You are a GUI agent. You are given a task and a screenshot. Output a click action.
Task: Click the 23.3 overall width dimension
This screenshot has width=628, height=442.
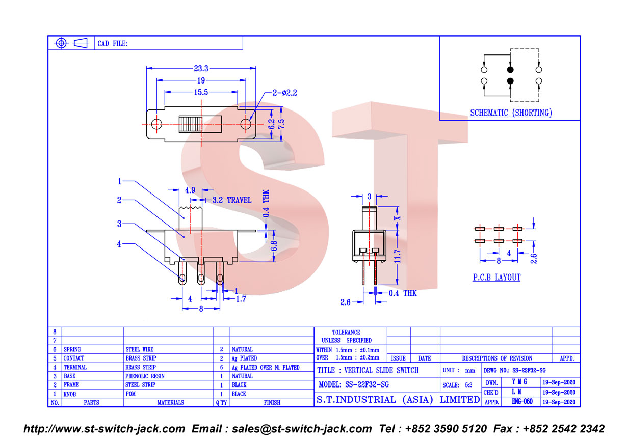point(201,68)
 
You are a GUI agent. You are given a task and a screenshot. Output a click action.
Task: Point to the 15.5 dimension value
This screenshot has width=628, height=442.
point(201,92)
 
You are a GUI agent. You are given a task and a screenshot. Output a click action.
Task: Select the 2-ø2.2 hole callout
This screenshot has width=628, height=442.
point(285,93)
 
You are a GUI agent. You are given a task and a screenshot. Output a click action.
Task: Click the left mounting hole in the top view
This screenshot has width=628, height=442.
point(156,124)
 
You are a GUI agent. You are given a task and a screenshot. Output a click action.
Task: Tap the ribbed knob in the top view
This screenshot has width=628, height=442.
point(190,124)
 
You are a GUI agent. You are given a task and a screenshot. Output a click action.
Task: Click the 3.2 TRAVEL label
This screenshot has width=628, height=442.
point(232,200)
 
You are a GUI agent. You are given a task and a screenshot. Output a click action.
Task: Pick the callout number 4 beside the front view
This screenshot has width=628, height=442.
point(119,244)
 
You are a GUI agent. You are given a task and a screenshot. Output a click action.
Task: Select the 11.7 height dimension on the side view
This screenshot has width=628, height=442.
point(397,256)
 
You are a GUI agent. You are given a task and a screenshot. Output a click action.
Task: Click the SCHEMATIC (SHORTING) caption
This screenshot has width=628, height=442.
point(511,113)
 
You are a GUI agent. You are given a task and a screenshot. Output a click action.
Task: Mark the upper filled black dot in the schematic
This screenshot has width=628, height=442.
point(510,69)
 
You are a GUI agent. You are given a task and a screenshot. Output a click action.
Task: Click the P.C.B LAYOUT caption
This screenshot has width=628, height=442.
point(496,278)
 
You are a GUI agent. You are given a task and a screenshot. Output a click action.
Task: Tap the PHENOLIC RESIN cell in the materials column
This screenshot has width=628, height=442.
point(145,376)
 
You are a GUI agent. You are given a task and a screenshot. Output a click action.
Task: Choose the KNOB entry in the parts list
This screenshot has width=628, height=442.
point(69,394)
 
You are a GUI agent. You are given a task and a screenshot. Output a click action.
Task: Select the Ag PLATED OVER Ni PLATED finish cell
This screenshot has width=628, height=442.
point(266,368)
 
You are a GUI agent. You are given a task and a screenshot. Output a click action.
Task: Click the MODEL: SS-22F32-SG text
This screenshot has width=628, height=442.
point(354,384)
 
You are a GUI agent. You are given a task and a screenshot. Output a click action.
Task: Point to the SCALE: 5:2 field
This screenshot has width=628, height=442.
point(457,385)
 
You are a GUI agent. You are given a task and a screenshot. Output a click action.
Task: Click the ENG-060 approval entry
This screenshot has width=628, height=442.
point(522,402)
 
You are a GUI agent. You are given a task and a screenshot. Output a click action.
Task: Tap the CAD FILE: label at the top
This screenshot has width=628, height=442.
point(113,43)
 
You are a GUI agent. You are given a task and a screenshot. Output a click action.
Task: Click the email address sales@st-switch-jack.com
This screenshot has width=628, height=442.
point(302,429)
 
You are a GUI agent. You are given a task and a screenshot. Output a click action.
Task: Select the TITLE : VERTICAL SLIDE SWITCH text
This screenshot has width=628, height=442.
point(368,370)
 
